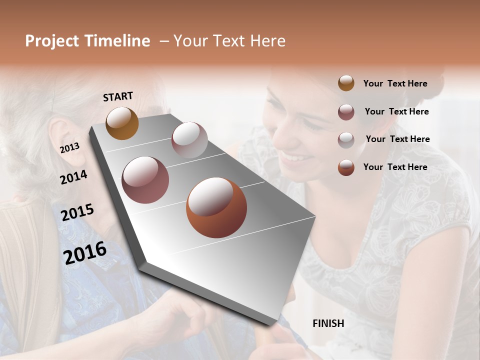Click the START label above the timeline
118,96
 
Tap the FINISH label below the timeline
328,323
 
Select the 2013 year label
69,147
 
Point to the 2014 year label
73,177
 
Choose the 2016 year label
85,252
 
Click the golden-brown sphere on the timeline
122,123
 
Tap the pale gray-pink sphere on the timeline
189,140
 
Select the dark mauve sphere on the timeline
145,180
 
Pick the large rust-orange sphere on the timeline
216,207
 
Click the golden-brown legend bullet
346,83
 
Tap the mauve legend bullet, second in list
346,112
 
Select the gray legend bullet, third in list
346,139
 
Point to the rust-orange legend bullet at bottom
346,167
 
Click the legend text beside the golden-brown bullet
395,83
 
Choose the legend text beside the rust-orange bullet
395,167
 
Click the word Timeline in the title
117,41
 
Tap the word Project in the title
52,41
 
